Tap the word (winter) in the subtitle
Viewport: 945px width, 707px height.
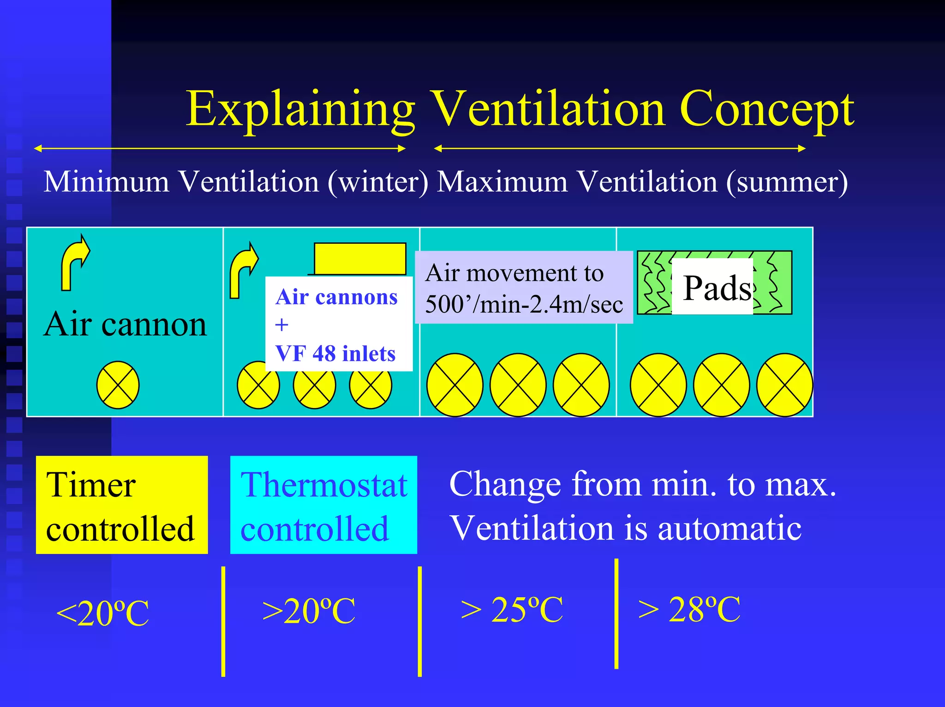[x=378, y=182]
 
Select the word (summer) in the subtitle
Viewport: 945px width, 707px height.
[x=787, y=182]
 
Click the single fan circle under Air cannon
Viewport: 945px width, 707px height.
[x=118, y=385]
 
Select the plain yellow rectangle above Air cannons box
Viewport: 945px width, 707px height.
[x=360, y=259]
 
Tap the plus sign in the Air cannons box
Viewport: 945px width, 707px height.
[x=281, y=325]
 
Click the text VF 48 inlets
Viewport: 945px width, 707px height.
[x=335, y=354]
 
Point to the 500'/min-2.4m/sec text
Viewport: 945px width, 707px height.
[x=524, y=304]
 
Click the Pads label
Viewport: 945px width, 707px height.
[x=717, y=288]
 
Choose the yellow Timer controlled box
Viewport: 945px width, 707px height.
[x=122, y=505]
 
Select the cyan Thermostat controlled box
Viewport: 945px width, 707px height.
[x=323, y=505]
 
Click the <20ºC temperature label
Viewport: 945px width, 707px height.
[x=102, y=613]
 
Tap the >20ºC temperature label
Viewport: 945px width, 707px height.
[x=309, y=611]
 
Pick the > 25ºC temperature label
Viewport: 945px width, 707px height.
[x=512, y=609]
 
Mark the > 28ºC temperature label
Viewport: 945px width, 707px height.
[x=689, y=609]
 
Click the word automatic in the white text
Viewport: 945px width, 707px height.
[x=730, y=528]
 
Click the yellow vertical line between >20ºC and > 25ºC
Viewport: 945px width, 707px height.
[x=419, y=622]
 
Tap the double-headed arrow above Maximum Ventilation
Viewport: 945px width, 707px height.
[x=620, y=148]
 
